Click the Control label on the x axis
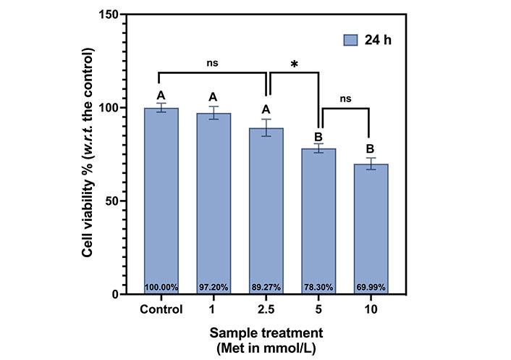[161, 310]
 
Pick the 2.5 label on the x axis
[266, 310]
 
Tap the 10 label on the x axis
[371, 310]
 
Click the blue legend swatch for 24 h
[352, 39]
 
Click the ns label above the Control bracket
[212, 63]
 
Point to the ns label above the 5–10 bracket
[345, 99]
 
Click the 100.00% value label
[161, 288]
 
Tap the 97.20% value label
[214, 288]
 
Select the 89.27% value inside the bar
[266, 288]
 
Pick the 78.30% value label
[318, 288]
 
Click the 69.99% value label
[371, 288]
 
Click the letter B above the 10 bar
[371, 150]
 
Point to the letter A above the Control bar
[161, 95]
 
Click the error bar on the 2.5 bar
[266, 127]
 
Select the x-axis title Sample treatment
[266, 333]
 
